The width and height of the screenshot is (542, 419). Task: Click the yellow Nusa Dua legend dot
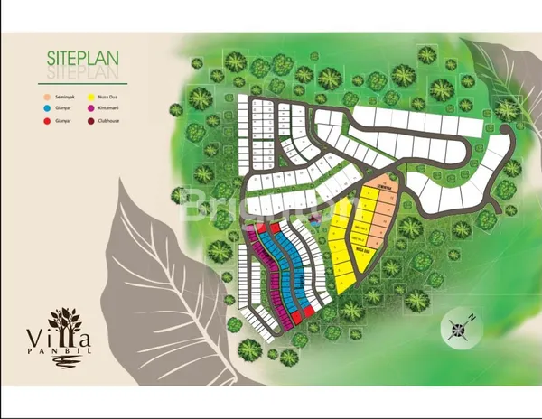coord(90,95)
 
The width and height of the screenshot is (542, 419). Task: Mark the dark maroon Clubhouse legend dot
coord(90,118)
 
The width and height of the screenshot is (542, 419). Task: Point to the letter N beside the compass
coord(472,316)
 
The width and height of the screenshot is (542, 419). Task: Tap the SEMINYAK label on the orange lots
coord(386,191)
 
